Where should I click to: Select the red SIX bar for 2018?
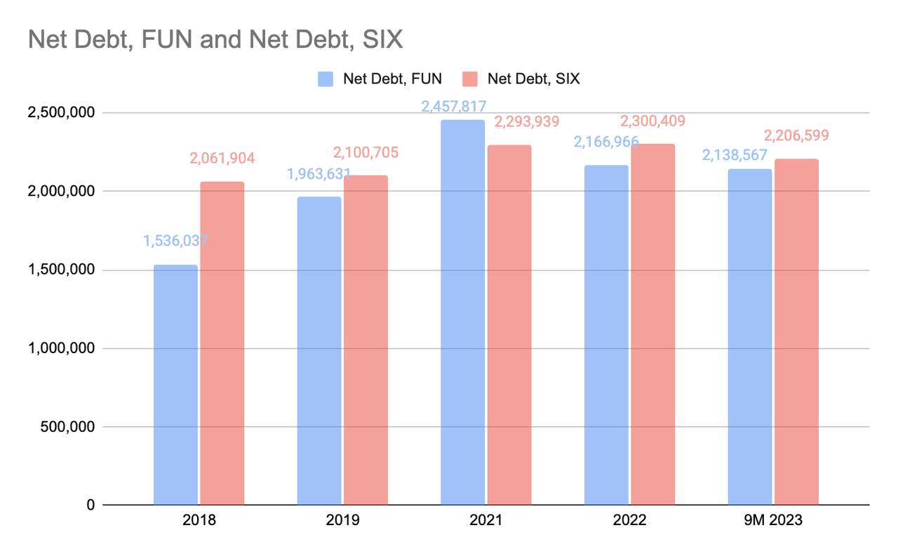pos(222,343)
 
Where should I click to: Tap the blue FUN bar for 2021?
pos(462,312)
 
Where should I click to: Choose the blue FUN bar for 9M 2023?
pos(749,337)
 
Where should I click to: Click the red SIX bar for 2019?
pos(366,340)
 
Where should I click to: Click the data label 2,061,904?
pos(222,159)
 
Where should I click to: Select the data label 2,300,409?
pos(652,121)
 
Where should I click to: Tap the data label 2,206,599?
pos(796,135)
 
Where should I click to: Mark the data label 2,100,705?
pos(366,152)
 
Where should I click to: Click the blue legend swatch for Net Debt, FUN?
pos(326,79)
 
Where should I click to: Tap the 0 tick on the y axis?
pos(91,505)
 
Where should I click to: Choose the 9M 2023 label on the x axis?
pos(773,521)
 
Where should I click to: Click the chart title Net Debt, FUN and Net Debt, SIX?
pos(215,39)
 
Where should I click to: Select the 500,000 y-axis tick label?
pos(65,427)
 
